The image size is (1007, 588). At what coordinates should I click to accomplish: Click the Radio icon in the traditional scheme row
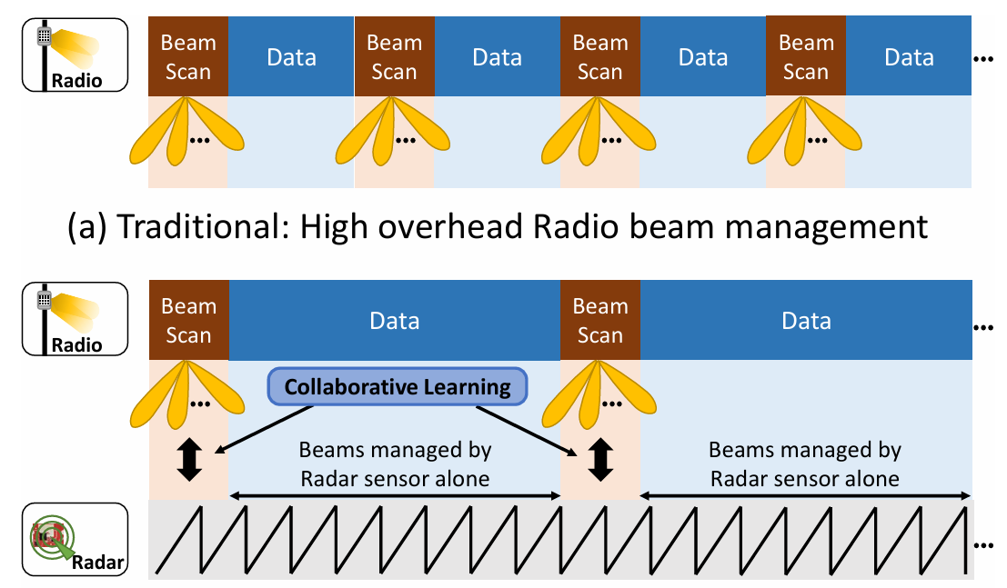75,56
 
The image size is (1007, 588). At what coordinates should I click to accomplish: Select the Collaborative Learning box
398,387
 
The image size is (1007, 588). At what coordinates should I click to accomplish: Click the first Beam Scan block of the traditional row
187,56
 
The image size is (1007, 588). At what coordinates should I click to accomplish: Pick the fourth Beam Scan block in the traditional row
805,56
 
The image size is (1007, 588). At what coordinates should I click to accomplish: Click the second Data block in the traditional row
498,57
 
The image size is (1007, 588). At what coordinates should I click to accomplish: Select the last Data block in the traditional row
909,57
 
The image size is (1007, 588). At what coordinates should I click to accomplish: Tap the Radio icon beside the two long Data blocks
75,319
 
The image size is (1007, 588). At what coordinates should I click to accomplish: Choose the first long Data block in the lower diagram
394,321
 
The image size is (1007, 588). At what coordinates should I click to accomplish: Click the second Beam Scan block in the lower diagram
599,321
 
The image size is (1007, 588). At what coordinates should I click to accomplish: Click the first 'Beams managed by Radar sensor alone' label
395,463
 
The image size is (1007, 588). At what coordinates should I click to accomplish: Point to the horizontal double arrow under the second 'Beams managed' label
806,495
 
